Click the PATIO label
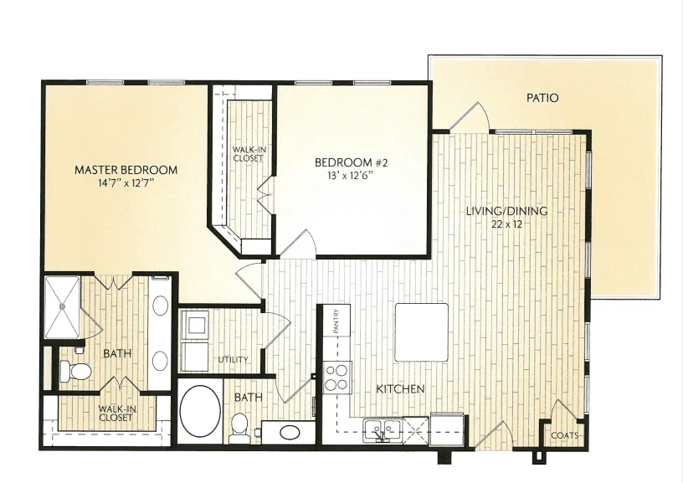[x=542, y=98]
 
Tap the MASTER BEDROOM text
[x=126, y=170]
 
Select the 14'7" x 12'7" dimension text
[x=126, y=183]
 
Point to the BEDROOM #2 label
[x=351, y=163]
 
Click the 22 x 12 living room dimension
[x=506, y=224]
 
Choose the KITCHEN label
[x=400, y=389]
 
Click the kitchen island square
[x=422, y=332]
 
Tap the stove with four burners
[x=337, y=378]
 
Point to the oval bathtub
[x=200, y=411]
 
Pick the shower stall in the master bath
[x=62, y=306]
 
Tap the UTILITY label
[x=233, y=360]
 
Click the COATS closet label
[x=565, y=435]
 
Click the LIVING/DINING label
[x=506, y=211]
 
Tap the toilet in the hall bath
[x=239, y=427]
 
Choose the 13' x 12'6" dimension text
[x=351, y=176]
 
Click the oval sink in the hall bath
[x=290, y=433]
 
